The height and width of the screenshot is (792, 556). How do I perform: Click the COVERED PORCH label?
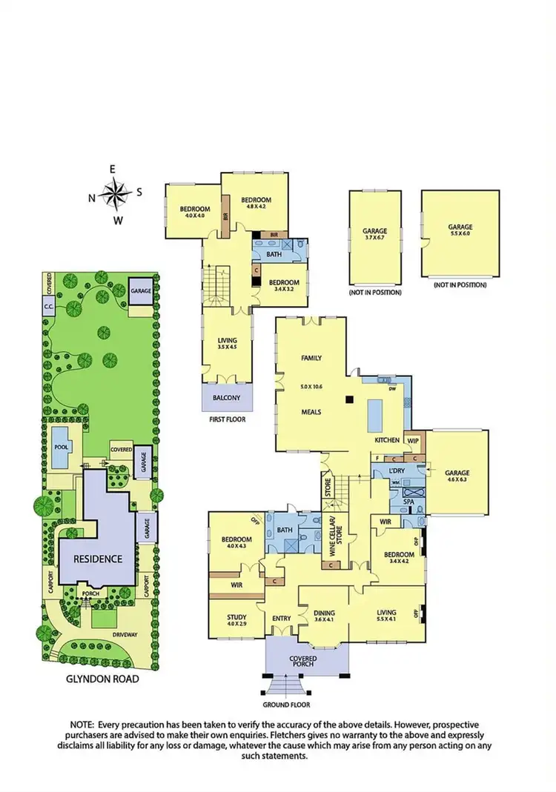[x=303, y=661]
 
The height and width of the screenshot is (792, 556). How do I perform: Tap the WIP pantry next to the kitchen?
[x=414, y=440]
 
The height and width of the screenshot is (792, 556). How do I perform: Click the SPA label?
[x=408, y=502]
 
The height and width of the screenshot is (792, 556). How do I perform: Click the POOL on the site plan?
[x=62, y=447]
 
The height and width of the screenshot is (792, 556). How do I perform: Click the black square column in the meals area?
[x=348, y=400]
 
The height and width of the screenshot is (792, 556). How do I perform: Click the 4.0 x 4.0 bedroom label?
[x=196, y=212]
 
